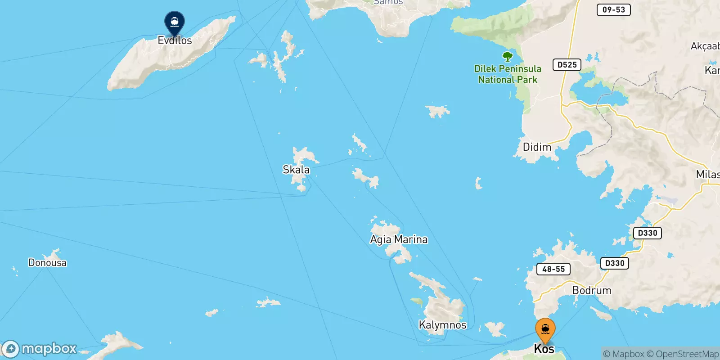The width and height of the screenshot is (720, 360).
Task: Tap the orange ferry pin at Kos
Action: (545, 329)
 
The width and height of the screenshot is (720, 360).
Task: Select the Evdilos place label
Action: (175, 40)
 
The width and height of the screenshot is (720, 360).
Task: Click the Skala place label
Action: (296, 170)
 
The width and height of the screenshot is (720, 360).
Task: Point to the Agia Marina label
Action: (399, 239)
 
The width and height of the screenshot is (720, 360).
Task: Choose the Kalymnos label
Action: (442, 325)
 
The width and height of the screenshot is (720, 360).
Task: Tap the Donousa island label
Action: (47, 263)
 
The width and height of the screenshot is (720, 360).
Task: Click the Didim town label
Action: (537, 147)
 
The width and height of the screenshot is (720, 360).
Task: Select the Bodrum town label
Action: (592, 290)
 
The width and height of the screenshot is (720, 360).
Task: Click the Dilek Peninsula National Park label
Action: (508, 74)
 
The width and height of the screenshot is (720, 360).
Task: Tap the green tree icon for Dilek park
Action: (508, 57)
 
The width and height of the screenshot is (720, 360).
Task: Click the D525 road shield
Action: (567, 65)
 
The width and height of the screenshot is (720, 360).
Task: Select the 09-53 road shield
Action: (613, 9)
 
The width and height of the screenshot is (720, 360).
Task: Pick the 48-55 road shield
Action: (553, 269)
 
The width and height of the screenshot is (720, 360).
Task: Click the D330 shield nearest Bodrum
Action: (614, 263)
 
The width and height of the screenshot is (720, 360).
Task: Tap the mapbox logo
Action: (40, 349)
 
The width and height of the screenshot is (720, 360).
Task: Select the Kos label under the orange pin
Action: (544, 349)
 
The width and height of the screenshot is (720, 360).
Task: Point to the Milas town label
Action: (707, 175)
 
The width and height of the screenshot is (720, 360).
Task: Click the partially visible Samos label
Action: (388, 2)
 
